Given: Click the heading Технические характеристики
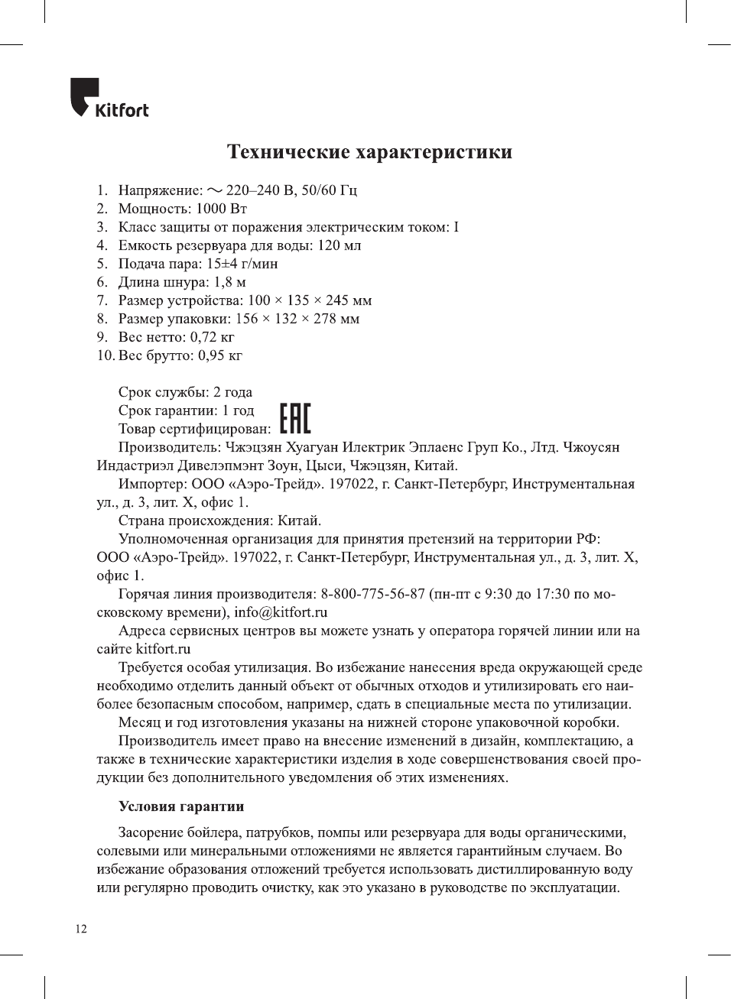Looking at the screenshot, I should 369,152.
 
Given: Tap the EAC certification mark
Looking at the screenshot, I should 295,419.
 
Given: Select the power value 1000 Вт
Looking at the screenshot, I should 222,209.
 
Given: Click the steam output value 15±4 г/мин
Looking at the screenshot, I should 242,264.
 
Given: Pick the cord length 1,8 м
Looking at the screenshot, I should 229,282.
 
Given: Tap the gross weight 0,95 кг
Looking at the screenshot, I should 220,355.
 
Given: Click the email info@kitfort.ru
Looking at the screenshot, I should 281,612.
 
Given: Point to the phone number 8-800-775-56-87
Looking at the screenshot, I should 372,594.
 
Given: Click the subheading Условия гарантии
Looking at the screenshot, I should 181,806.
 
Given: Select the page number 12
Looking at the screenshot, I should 81,929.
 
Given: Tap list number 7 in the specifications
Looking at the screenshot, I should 102,300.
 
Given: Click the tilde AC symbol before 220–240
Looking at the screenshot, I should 215,190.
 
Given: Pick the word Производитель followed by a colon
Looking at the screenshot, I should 169,447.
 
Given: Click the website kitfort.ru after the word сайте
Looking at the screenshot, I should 163,649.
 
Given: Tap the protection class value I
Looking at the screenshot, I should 456,227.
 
